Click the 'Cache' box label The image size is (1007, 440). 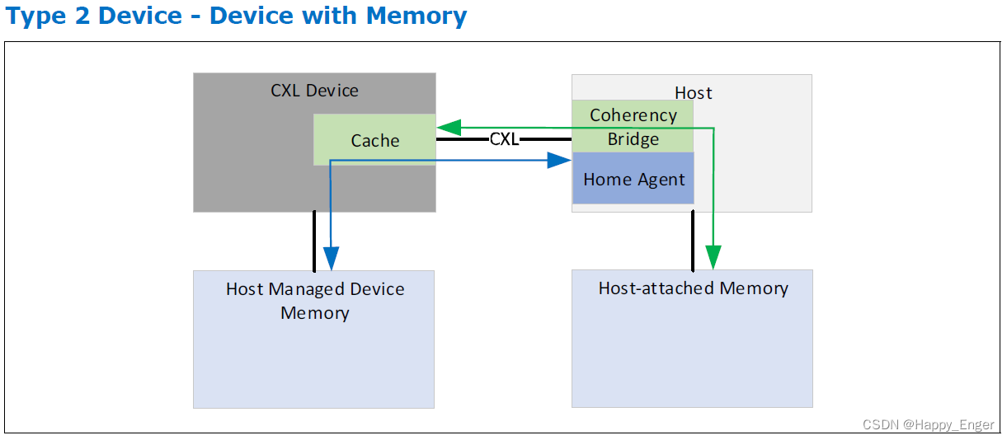(x=375, y=141)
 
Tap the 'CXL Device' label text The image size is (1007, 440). (x=314, y=91)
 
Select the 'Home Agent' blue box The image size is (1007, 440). (x=633, y=179)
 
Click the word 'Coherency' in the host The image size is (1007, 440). (x=633, y=115)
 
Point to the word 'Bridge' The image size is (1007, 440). (x=633, y=139)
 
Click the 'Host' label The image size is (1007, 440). (x=694, y=92)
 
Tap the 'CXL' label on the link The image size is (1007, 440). (x=504, y=139)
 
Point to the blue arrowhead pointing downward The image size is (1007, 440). (x=332, y=259)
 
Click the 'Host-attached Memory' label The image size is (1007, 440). (x=693, y=288)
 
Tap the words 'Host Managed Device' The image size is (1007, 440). (x=315, y=289)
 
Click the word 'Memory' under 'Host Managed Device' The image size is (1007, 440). (x=315, y=313)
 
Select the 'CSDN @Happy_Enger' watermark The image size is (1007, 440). (x=928, y=425)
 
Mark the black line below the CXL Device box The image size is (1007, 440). (x=314, y=241)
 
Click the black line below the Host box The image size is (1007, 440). (x=693, y=240)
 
